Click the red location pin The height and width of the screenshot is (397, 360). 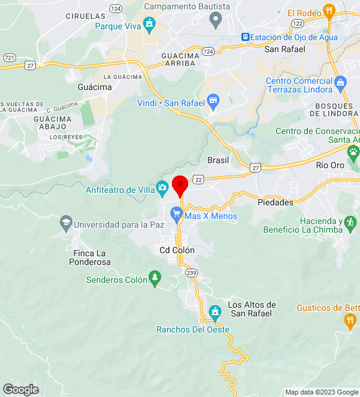(180, 185)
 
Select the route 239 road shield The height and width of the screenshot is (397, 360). (191, 272)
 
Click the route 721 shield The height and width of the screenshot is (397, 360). (9, 57)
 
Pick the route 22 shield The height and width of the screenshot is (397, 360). (198, 179)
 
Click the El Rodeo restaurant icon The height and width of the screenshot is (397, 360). (329, 11)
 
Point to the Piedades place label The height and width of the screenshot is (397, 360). (276, 202)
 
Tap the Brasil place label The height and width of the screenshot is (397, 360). (218, 159)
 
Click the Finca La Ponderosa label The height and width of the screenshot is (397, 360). (91, 257)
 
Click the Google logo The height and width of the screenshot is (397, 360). (20, 390)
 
